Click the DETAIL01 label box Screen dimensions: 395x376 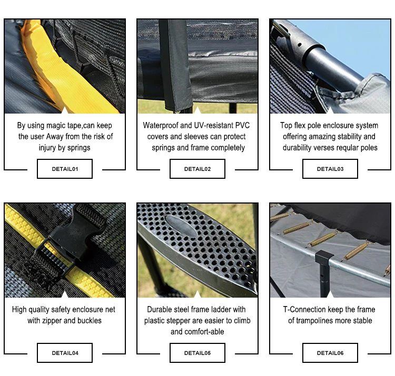click(65, 169)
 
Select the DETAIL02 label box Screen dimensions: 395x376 click(197, 169)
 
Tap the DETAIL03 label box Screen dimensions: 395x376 click(330, 169)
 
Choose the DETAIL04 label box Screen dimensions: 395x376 click(65, 353)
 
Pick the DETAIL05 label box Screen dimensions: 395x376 click(197, 353)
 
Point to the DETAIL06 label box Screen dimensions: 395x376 click(330, 353)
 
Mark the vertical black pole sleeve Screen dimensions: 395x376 click(175, 65)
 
